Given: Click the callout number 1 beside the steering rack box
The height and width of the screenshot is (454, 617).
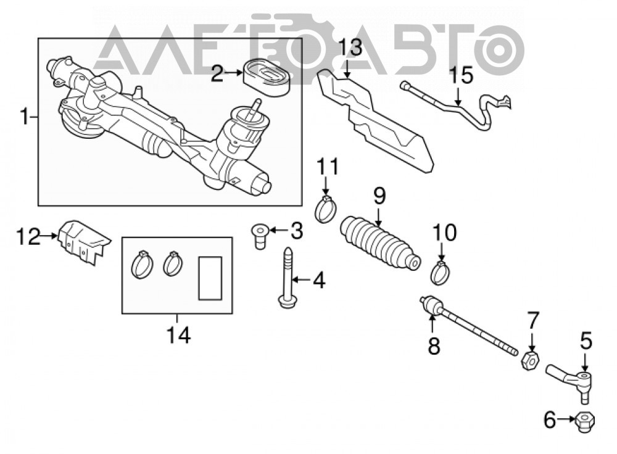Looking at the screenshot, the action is click(x=25, y=117).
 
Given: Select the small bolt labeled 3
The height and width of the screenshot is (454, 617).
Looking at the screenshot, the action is click(x=260, y=236).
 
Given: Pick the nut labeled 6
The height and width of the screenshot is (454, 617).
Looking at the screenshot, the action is click(x=585, y=421).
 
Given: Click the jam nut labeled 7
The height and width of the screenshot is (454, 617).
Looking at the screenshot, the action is click(x=530, y=361).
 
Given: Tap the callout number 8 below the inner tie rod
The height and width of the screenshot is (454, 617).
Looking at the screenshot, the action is click(x=434, y=346).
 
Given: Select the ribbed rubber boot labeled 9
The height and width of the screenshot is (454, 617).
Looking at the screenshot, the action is click(x=379, y=244).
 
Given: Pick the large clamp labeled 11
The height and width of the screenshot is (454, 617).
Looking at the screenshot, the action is click(x=326, y=208).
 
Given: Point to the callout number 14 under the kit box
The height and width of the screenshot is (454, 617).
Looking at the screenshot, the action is click(x=178, y=336).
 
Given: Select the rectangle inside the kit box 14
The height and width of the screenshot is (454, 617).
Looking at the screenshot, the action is click(x=210, y=278).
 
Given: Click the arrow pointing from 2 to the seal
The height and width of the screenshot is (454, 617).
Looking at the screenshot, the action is click(x=234, y=73).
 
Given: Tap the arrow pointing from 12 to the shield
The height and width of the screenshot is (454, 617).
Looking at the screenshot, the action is click(x=49, y=236).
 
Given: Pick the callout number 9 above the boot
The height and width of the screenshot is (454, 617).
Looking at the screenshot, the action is click(x=379, y=196).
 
